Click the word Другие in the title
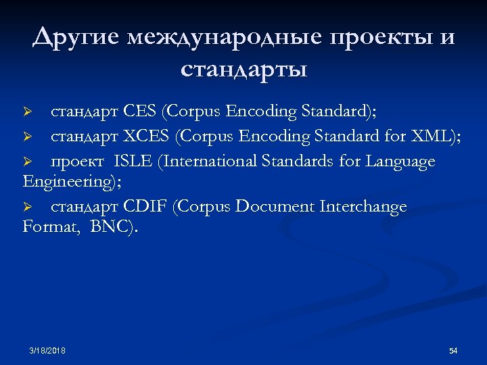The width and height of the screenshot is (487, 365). point(76,38)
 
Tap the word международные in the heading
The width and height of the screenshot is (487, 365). point(224,38)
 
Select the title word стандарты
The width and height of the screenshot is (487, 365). point(243,69)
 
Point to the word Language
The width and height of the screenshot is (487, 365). point(400,162)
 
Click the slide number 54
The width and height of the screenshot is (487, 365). point(453,351)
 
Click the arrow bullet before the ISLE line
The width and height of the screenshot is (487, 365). point(28,162)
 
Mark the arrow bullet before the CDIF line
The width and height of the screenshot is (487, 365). point(28,207)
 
